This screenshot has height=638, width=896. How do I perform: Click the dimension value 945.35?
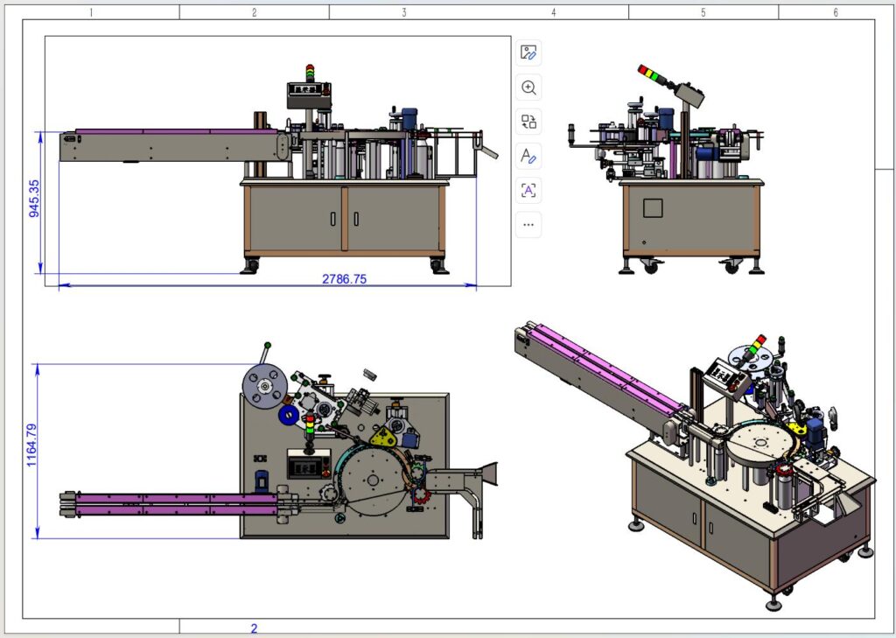coord(34,200)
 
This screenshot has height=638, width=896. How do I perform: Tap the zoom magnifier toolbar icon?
coord(528,88)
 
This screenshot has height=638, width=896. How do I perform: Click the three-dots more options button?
coord(528,224)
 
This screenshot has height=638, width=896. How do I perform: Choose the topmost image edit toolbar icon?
coord(528,53)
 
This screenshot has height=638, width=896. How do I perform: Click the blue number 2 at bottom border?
coord(254,627)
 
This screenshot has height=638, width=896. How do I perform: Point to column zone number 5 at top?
coord(703,12)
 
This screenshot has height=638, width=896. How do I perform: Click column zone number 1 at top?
coord(92,12)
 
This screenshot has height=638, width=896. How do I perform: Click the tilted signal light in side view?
coord(654,76)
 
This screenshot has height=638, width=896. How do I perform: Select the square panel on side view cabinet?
coord(654,207)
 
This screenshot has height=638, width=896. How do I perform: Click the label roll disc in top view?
coord(262,386)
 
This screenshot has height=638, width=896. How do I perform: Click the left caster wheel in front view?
coord(251,265)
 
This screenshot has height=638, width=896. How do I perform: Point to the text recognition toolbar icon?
coord(528,190)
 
